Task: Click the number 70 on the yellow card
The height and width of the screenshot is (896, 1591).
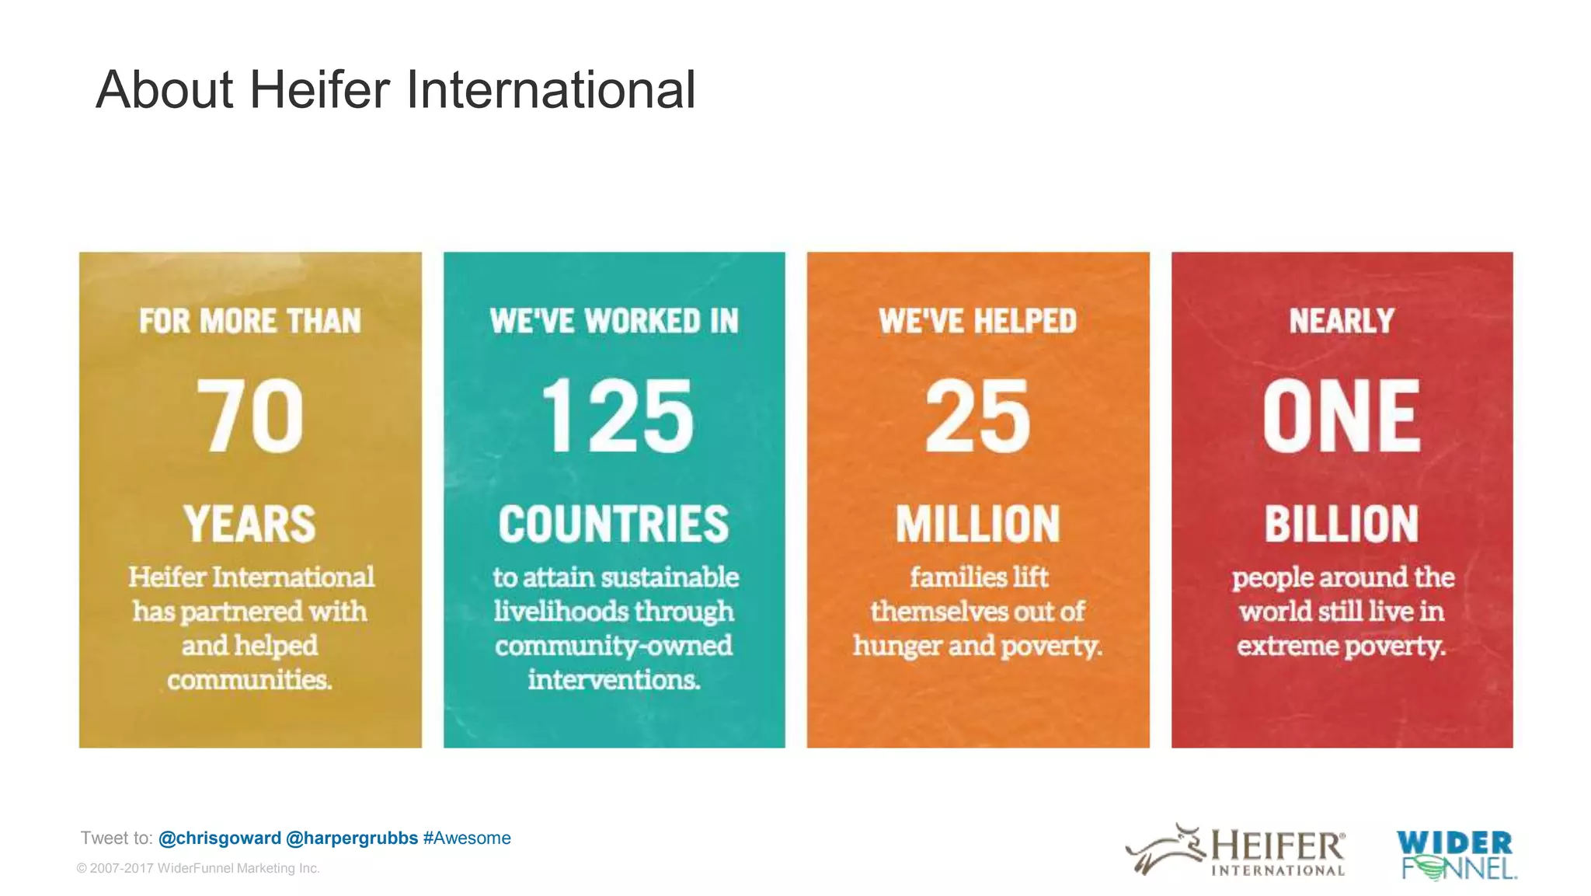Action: pyautogui.click(x=250, y=416)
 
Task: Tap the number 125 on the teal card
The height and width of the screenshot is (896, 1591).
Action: pyautogui.click(x=616, y=416)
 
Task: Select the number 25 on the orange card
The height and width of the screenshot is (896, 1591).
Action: pyautogui.click(x=977, y=416)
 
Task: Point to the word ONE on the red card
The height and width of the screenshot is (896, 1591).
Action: pyautogui.click(x=1342, y=416)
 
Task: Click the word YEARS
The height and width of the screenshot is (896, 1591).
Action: pyautogui.click(x=250, y=524)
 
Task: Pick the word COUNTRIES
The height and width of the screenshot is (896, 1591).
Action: pyautogui.click(x=614, y=524)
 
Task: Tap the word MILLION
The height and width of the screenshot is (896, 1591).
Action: pyautogui.click(x=977, y=524)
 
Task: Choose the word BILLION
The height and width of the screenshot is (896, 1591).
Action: pyautogui.click(x=1342, y=524)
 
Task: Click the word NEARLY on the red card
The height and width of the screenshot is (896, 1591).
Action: pyautogui.click(x=1342, y=321)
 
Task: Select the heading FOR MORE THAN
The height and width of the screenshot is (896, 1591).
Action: pyautogui.click(x=250, y=321)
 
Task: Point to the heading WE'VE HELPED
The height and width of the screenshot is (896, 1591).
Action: pyautogui.click(x=977, y=321)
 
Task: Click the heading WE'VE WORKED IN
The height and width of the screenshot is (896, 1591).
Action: pyautogui.click(x=614, y=321)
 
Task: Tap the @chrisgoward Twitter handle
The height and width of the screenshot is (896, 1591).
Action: pyautogui.click(x=220, y=838)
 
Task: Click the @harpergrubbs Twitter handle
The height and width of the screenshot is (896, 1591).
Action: pyautogui.click(x=352, y=838)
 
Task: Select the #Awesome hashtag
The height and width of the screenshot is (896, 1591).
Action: pyautogui.click(x=467, y=838)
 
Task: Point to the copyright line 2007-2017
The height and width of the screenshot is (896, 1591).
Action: pyautogui.click(x=198, y=868)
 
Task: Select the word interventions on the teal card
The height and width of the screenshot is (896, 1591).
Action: pyautogui.click(x=614, y=680)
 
